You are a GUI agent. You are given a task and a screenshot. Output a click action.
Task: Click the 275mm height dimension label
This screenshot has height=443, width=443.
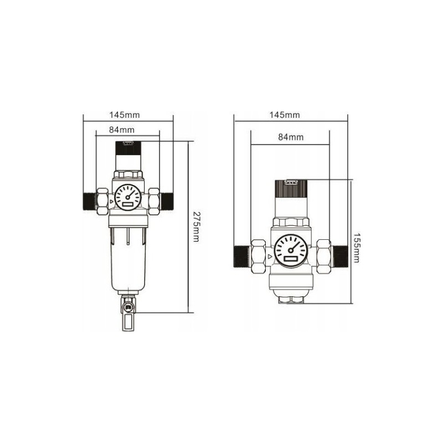(x=196, y=226)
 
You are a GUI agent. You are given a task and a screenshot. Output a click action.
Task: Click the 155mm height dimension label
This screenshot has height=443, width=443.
(x=357, y=248)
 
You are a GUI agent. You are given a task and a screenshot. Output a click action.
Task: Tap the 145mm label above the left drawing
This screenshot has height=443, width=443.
(x=125, y=115)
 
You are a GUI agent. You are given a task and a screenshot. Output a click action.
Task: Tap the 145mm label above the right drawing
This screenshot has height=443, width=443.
(x=285, y=115)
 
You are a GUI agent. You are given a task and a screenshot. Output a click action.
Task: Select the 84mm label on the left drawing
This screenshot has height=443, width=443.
(x=122, y=130)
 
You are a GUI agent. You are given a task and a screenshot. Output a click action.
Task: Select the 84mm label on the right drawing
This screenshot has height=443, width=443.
(x=291, y=137)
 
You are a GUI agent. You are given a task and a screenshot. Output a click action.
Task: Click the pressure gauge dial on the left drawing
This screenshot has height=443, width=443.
(x=128, y=197)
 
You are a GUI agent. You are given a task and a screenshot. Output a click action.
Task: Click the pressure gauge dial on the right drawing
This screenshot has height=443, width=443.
(x=291, y=251)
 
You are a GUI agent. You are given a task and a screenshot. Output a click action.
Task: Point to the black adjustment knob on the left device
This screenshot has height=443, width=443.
(x=128, y=148)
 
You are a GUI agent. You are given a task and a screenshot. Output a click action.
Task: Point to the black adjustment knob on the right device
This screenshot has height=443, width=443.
(x=291, y=188)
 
